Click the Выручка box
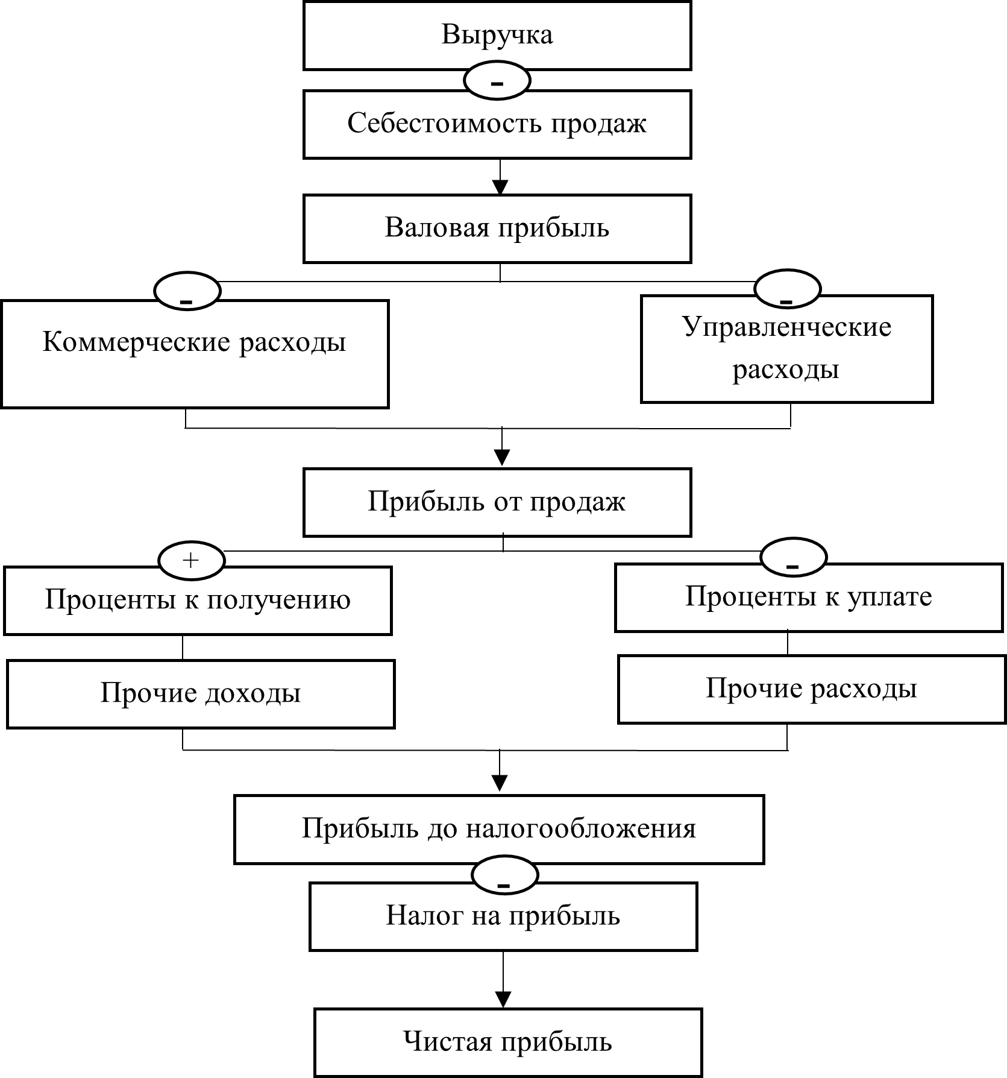[497, 35]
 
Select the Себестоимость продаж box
[497, 124]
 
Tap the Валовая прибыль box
[497, 228]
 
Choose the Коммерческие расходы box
[195, 354]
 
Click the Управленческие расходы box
[786, 349]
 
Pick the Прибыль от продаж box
[497, 502]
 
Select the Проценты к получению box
[198, 600]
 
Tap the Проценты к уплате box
[809, 597]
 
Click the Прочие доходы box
[201, 694]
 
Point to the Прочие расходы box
[812, 689]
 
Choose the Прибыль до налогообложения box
[499, 830]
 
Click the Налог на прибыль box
[503, 916]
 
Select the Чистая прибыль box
[508, 1042]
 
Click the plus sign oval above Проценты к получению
[191, 561]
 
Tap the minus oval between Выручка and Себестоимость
[497, 80]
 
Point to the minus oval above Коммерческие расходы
[187, 291]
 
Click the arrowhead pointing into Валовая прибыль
[500, 186]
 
